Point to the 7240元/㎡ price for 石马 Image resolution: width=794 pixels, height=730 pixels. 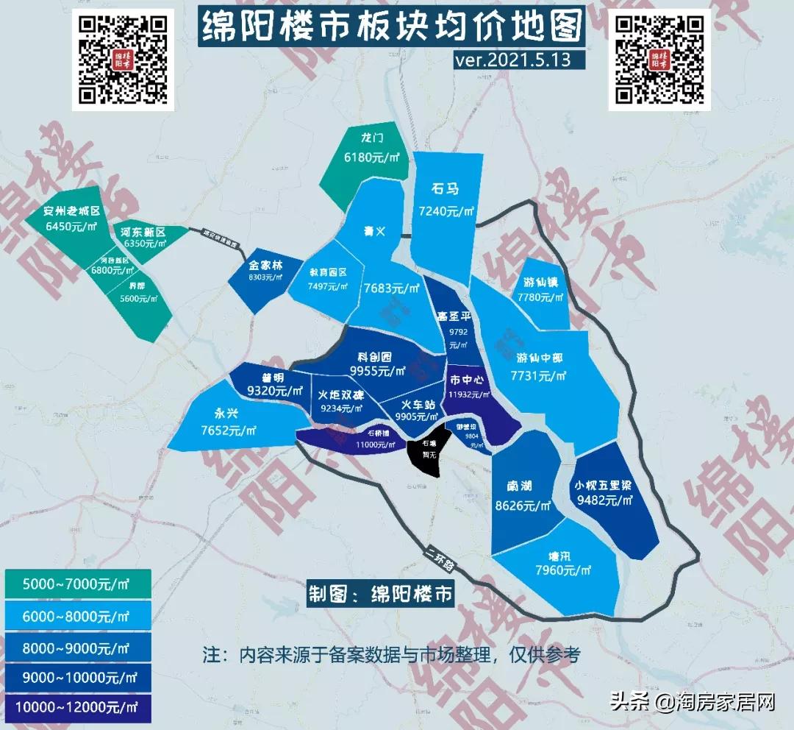point(446,211)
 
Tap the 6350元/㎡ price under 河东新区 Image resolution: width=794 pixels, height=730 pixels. point(143,244)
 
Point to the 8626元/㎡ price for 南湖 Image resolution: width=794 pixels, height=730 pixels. point(523,506)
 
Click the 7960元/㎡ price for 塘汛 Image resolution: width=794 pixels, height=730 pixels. point(564,570)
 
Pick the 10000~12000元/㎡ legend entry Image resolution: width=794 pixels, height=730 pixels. point(77,708)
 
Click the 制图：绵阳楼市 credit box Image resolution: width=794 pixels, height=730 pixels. point(381,593)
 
